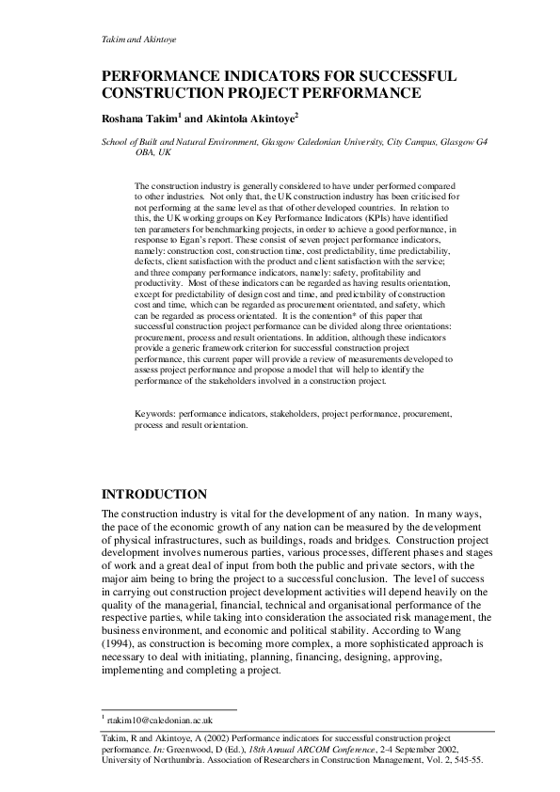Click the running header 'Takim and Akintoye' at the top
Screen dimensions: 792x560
tap(138, 40)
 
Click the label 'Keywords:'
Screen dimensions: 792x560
tap(155, 413)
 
